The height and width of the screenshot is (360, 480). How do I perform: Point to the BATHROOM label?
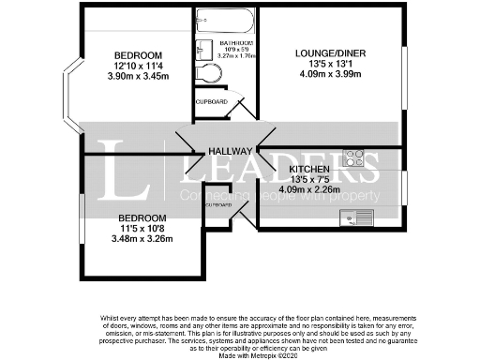(x=235, y=43)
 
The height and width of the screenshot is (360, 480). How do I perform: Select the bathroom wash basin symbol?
(x=204, y=52)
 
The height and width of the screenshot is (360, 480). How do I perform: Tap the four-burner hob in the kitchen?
(x=354, y=158)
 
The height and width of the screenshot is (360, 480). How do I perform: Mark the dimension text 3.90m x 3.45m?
(x=139, y=77)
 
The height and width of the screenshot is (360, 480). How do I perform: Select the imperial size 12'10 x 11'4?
(x=139, y=66)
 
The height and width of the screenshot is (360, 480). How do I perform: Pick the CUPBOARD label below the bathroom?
(x=210, y=101)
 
